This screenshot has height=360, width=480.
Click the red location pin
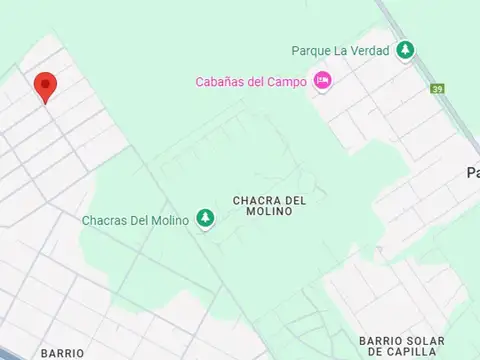[x=45, y=86]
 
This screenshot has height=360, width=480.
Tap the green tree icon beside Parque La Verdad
[x=405, y=50]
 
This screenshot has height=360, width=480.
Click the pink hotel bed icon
[x=322, y=81]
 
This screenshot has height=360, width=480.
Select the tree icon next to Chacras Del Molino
[x=206, y=218]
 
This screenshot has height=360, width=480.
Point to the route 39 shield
[x=437, y=89]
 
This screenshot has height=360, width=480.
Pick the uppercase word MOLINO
[x=268, y=213]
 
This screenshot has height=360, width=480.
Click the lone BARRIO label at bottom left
[x=62, y=353]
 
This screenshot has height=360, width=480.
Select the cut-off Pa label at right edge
[x=473, y=173]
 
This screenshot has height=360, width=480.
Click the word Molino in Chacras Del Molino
[x=168, y=220]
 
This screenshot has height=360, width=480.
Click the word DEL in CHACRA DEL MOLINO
[x=294, y=200]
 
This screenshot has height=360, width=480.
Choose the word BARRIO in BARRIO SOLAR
[x=365, y=340]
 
